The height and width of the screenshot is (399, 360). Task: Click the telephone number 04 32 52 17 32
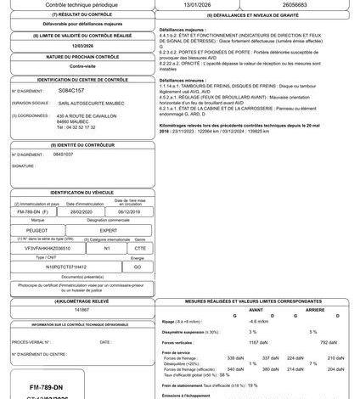tap(77, 126)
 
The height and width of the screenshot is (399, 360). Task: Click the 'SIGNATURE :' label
tap(24, 166)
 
